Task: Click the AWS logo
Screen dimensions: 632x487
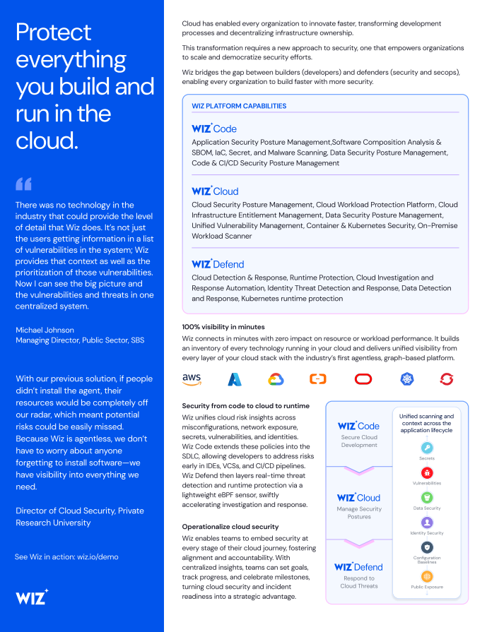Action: [192, 379]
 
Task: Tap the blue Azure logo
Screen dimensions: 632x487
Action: [234, 379]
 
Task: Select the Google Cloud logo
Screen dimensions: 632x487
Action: [276, 379]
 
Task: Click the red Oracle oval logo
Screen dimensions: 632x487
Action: [363, 379]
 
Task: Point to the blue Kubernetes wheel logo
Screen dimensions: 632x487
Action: [406, 379]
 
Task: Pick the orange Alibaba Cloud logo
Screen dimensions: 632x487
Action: [318, 379]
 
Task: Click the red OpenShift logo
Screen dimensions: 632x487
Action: [446, 379]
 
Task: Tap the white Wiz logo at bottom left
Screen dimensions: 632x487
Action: [32, 597]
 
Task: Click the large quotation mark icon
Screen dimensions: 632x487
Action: [23, 184]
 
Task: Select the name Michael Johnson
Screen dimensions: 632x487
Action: [44, 330]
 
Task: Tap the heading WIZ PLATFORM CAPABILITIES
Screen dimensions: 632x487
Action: [239, 106]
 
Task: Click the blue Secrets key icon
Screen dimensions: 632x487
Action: [427, 448]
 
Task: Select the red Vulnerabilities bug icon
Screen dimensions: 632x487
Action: [427, 472]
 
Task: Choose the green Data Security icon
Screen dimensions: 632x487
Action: [427, 497]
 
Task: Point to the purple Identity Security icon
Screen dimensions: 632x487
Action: [427, 523]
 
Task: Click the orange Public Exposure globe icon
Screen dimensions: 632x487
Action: [427, 576]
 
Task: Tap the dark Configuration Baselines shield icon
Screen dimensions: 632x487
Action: [427, 547]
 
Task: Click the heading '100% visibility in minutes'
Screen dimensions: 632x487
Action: [223, 327]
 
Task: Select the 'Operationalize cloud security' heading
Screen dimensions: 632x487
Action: [230, 527]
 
